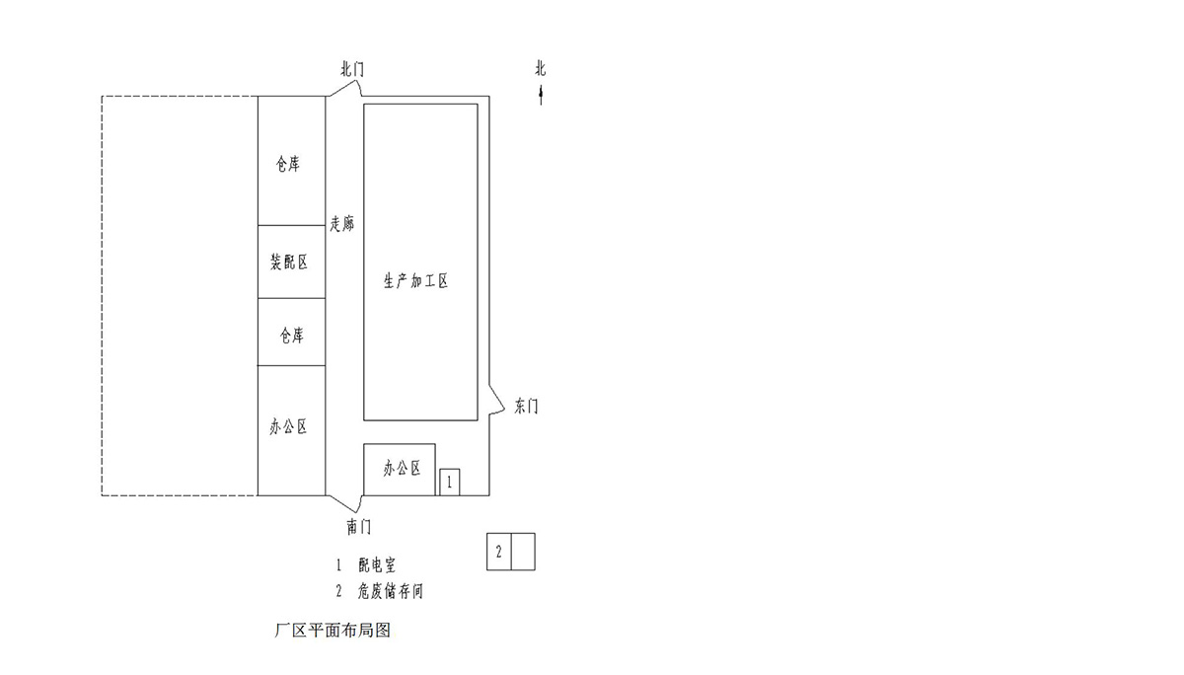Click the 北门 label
point(352,69)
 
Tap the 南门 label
point(359,527)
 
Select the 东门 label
point(527,407)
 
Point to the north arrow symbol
point(541,96)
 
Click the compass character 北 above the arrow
point(541,69)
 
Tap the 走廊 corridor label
point(342,225)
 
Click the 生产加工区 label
point(416,281)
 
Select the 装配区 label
point(289,262)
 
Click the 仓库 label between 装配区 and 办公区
point(290,336)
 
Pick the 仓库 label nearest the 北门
point(288,165)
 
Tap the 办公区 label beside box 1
point(403,469)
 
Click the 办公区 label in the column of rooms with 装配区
point(288,427)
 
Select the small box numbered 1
point(450,483)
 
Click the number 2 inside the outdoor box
point(499,552)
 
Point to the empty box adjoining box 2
point(523,552)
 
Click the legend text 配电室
point(377,565)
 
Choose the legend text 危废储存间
point(391,592)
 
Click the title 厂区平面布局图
point(333,630)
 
